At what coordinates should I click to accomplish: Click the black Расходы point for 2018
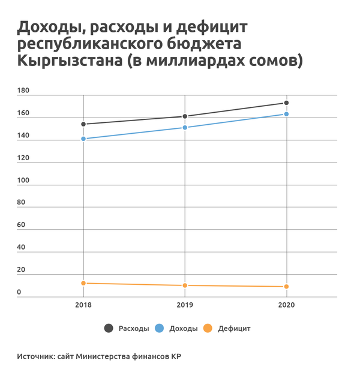coord(83,124)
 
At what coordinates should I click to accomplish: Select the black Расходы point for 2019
coord(185,116)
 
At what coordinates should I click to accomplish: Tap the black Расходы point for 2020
coord(287,103)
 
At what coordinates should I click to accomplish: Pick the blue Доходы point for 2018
coord(83,139)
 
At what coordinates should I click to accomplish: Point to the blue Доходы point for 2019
coord(185,127)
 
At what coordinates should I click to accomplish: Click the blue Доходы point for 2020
coord(287,114)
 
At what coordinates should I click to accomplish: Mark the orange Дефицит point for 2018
coord(83,283)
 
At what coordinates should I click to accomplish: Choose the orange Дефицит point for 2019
coord(185,285)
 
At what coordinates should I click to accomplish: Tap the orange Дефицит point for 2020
coord(287,287)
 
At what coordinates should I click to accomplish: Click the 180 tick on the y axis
coord(23,91)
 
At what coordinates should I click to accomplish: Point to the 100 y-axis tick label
coord(23,180)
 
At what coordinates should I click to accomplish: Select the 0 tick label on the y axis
coord(19,292)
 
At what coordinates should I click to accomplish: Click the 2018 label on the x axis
coord(83,305)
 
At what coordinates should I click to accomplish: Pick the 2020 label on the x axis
coord(287,305)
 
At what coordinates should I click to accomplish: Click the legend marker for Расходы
coord(109,328)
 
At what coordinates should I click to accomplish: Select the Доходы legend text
coord(184,329)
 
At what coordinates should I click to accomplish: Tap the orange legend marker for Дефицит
coord(208,328)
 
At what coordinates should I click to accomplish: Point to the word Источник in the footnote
coord(35,356)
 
